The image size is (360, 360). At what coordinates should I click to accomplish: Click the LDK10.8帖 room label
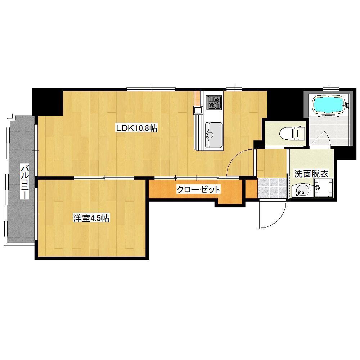136,128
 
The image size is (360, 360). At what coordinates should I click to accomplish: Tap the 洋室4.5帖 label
91,218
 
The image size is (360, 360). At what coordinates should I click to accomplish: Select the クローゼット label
198,190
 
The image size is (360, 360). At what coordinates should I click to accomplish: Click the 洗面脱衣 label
311,174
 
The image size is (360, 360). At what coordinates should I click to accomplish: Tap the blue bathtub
329,104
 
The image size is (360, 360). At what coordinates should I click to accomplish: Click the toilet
292,133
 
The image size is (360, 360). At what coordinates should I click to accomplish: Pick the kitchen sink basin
213,135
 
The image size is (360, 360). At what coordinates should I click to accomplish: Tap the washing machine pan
323,188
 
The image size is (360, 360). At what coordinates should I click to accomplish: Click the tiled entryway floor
271,188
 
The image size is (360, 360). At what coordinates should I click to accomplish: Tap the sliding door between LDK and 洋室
104,178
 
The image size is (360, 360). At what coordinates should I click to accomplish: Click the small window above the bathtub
331,89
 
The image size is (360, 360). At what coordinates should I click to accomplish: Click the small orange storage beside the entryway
251,189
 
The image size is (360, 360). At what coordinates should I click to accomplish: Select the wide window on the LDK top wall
151,89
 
